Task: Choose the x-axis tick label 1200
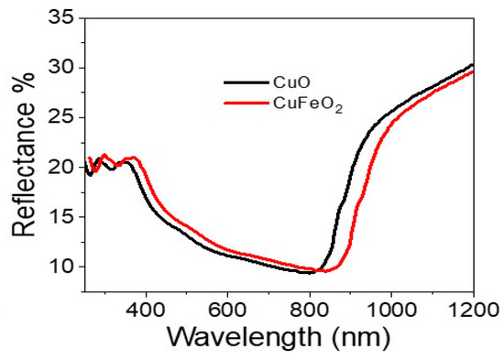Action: pyautogui.click(x=471, y=310)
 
